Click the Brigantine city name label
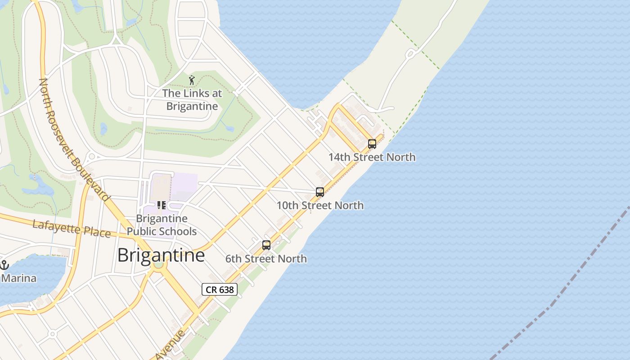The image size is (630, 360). pos(161,255)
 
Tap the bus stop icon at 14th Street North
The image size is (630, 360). pos(372,144)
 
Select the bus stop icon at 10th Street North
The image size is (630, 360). pos(320,192)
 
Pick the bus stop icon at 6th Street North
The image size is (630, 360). pos(266,245)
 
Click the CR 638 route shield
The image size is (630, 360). pos(220,289)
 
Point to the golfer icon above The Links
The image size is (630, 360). pos(192,80)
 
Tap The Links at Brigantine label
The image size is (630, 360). pos(192,99)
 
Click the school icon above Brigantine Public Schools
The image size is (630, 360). pos(162,206)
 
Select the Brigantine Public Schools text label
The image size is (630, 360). pos(162,225)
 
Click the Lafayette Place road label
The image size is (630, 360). pos(72,228)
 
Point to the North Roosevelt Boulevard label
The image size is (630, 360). pos(74,139)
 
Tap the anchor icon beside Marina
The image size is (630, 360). pos(4,265)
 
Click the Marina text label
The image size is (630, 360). pos(19,278)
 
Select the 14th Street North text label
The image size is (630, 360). pos(372,157)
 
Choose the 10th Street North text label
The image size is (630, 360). pos(320,205)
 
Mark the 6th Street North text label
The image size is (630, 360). pos(266,259)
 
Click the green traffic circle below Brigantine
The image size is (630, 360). pos(158,264)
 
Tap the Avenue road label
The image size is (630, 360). pos(171,345)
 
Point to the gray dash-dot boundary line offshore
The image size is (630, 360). pos(562,288)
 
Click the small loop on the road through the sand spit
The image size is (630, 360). pos(410,54)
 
